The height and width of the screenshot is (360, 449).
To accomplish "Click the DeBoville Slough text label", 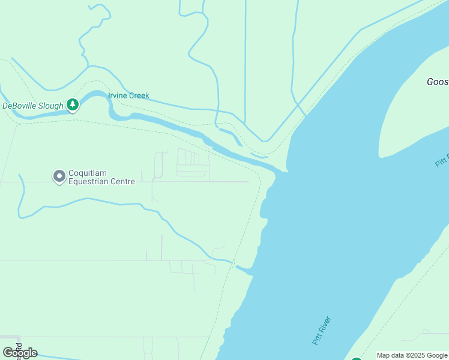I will coord(32,106).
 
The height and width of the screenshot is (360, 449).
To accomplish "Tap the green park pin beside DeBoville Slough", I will coord(73,105).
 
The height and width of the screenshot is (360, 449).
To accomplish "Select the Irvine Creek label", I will coord(128,95).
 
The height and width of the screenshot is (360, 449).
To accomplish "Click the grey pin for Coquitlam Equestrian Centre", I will coord(59,176).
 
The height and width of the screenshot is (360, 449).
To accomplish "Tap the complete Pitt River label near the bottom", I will coord(322,331).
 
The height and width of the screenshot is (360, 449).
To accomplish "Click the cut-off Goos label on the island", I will coord(437,82).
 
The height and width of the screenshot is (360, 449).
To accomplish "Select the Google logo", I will coord(20,353).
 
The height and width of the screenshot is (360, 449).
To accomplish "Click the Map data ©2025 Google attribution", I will coord(412,355).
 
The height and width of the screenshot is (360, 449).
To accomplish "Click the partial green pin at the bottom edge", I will coord(356,359).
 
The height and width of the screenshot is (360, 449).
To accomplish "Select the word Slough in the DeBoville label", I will coord(51,106).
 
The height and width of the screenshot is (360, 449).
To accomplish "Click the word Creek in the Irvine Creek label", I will coord(138,95).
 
